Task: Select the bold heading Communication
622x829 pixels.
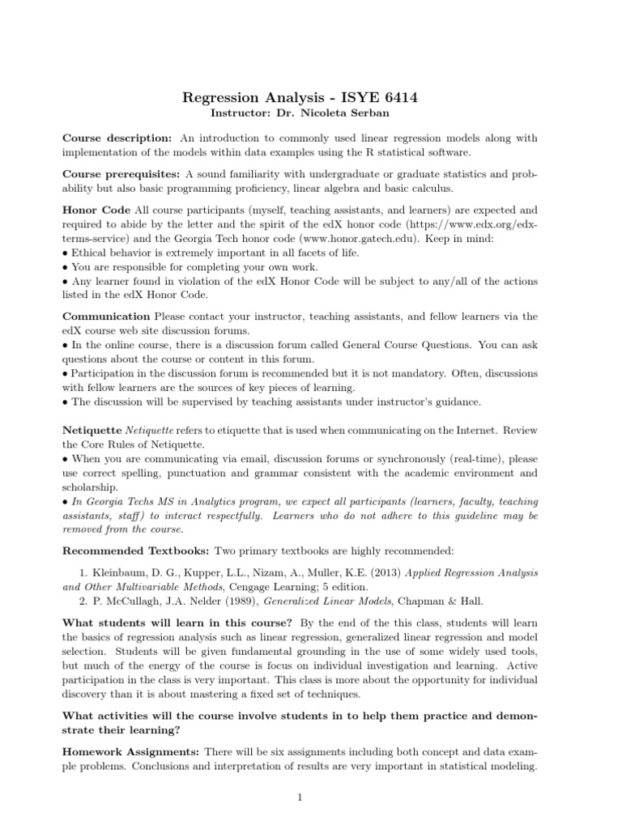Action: [x=106, y=316]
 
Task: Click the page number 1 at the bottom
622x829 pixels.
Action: [x=300, y=797]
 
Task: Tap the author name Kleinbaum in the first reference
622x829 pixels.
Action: [x=117, y=572]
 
